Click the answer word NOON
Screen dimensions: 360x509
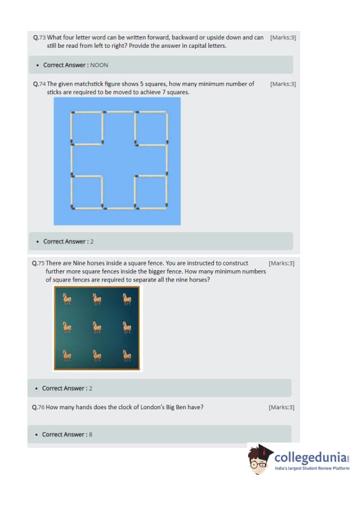pyautogui.click(x=99, y=65)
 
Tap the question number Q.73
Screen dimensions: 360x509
pyautogui.click(x=39, y=37)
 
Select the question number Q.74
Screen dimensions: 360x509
pyautogui.click(x=39, y=84)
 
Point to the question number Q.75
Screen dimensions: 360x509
pyautogui.click(x=38, y=263)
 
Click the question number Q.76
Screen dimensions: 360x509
pyautogui.click(x=38, y=407)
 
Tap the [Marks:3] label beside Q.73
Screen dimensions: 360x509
pyautogui.click(x=283, y=37)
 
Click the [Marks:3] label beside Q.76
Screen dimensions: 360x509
pyautogui.click(x=281, y=407)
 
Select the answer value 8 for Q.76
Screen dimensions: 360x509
pyautogui.click(x=91, y=434)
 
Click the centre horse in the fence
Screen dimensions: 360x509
pyautogui.click(x=97, y=327)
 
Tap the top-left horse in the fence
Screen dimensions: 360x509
pyautogui.click(x=67, y=299)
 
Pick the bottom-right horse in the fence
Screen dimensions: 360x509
pyautogui.click(x=127, y=355)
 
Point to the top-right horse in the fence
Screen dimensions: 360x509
pyautogui.click(x=127, y=299)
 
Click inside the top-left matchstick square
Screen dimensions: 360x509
pyautogui.click(x=87, y=128)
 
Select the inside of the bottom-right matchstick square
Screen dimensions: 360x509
pyautogui.click(x=151, y=192)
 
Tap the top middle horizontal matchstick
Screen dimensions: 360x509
pyautogui.click(x=119, y=112)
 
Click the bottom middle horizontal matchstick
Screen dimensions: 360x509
pyautogui.click(x=119, y=208)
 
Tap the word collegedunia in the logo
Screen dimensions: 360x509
pyautogui.click(x=310, y=458)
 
